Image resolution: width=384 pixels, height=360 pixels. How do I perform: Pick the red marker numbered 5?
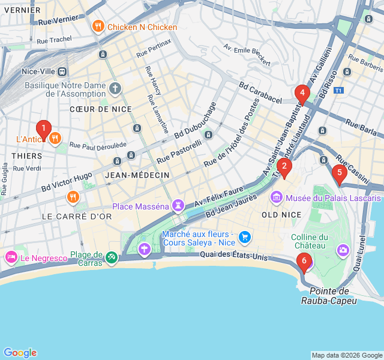coord(339,175)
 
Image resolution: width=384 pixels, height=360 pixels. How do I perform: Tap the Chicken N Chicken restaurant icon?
coord(97,27)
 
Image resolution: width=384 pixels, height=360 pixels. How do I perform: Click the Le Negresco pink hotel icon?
coord(11,257)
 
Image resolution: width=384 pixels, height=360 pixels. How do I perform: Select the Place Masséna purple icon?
coord(178,206)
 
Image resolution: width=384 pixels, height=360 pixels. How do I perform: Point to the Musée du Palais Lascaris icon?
coord(276,197)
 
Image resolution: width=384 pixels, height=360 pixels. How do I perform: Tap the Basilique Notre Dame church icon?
coord(115,89)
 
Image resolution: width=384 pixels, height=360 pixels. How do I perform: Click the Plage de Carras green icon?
coord(111,257)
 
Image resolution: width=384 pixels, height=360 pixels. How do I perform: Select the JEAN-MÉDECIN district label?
coord(137,175)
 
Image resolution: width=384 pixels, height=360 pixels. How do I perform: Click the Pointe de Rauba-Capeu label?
coord(329,296)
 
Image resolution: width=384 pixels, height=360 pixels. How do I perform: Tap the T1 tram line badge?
coord(339,91)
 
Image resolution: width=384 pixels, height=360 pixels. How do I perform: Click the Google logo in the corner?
coord(20,353)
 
